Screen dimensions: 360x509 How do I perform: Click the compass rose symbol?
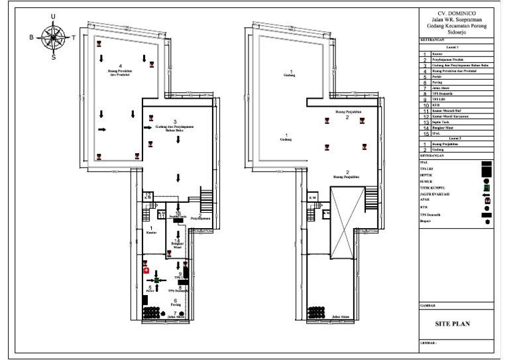(54, 36)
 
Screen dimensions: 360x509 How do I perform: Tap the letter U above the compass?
(54, 17)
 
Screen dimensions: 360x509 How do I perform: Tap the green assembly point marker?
(157, 281)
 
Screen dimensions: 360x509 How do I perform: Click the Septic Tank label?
(178, 217)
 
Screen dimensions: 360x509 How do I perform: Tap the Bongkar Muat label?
(177, 246)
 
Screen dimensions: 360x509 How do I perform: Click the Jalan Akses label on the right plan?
(341, 317)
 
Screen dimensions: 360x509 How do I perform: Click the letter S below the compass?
(54, 57)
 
